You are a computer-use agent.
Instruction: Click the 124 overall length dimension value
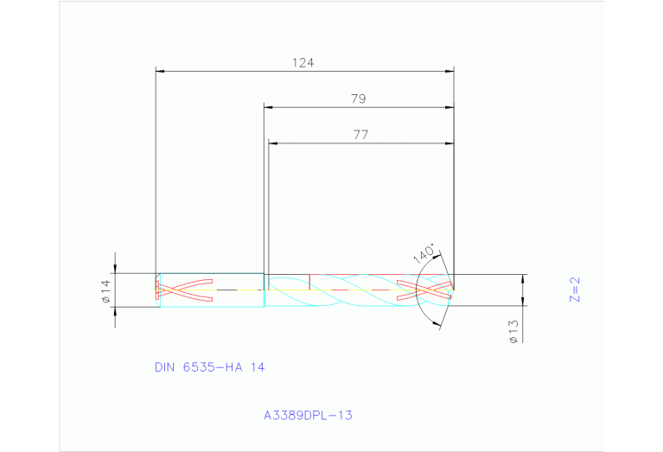coord(303,62)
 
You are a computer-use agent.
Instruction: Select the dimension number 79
coord(358,99)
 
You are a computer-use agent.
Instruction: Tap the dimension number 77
coord(360,134)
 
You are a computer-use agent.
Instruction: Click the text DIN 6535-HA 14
coord(209,366)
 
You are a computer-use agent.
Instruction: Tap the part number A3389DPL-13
coord(308,415)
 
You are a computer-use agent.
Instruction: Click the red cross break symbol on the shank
coord(183,290)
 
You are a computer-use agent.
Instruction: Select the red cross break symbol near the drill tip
coord(423,290)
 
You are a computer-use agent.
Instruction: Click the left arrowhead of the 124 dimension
coord(159,72)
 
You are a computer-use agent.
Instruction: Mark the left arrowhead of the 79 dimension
coord(268,107)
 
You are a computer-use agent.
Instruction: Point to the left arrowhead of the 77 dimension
coord(272,143)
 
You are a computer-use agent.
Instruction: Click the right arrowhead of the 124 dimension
coord(449,72)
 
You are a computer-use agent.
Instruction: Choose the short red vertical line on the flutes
coord(309,282)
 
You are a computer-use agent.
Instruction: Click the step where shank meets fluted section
coord(265,290)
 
